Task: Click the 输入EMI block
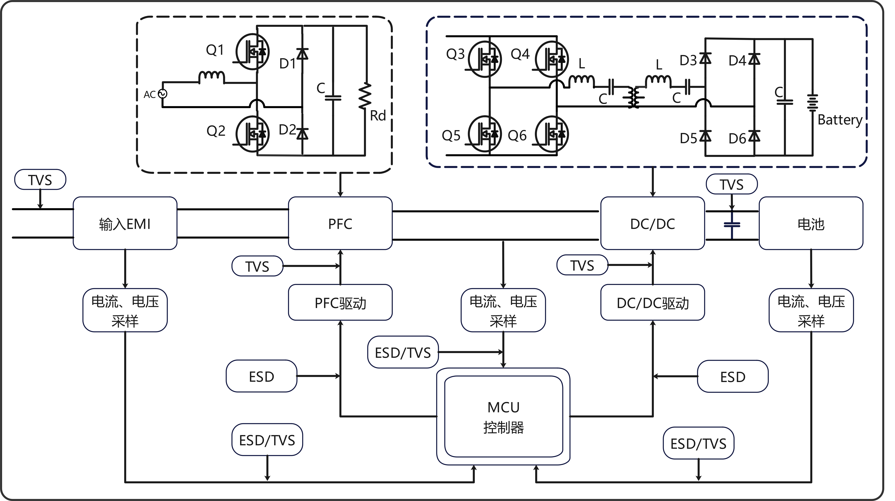tap(125, 223)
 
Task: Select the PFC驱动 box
tap(340, 303)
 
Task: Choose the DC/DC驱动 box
tap(652, 303)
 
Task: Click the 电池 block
tap(811, 223)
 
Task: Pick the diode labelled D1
tap(302, 54)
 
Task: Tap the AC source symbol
tap(162, 94)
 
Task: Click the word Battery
tap(840, 120)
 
